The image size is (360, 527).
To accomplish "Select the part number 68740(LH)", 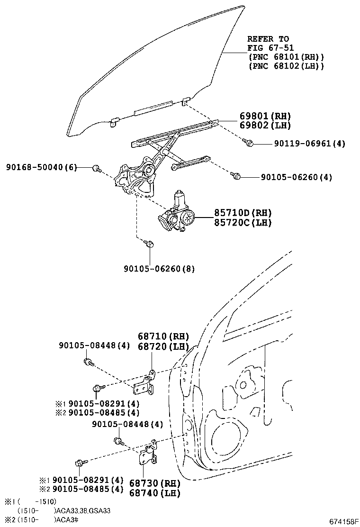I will click(155, 493).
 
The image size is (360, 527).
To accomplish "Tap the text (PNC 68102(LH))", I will click(286, 66).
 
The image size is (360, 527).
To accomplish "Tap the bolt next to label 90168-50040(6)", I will click(97, 168).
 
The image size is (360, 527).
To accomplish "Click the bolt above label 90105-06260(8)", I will click(149, 245).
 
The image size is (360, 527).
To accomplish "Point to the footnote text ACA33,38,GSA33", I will click(84, 510).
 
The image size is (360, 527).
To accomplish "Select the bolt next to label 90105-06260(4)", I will click(236, 176).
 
